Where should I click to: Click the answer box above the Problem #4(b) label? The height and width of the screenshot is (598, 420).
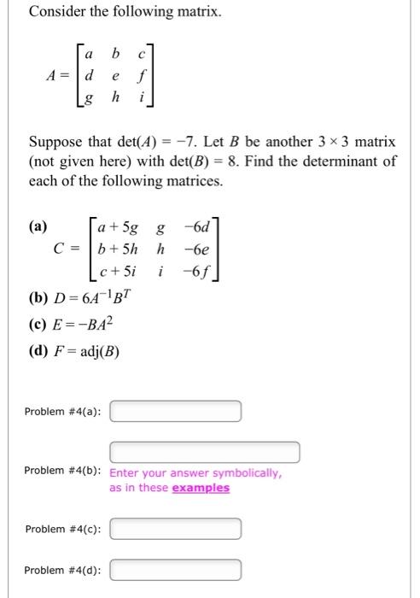[x=204, y=452]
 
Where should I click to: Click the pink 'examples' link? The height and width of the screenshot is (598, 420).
[x=201, y=488]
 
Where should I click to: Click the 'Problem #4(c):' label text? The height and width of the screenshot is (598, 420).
[x=63, y=530]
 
